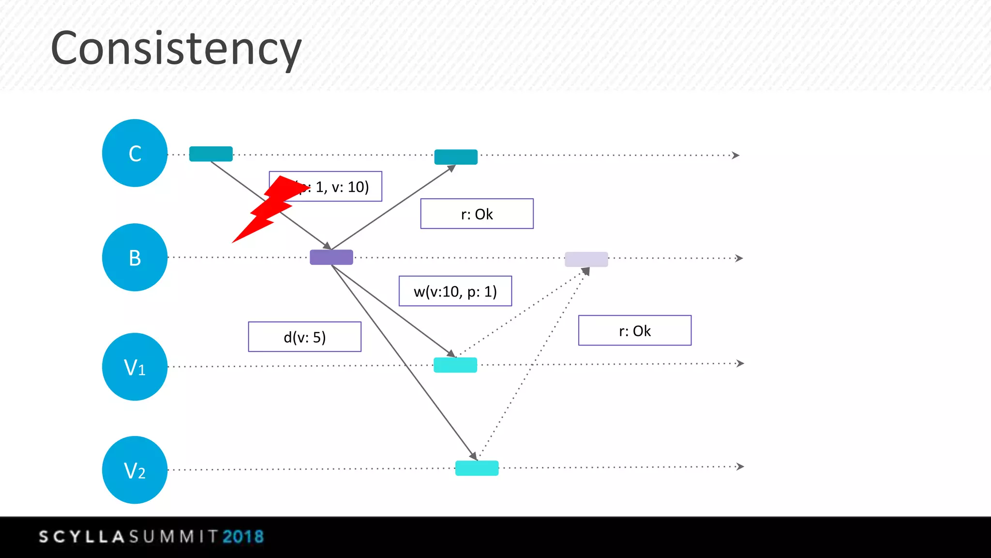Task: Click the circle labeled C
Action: coord(135,153)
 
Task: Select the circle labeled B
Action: coord(135,257)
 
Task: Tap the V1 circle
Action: coord(135,367)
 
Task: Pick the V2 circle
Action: coord(135,470)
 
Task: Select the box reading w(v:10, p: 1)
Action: coord(455,291)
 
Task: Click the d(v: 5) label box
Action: coord(304,337)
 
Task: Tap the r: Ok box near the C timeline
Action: coord(477,214)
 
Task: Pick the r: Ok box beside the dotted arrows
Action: coord(634,330)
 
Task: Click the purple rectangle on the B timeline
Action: coord(331,257)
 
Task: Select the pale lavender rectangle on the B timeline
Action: coord(586,259)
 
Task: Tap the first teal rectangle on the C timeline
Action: coord(211,154)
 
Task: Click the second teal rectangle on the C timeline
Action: coord(456,157)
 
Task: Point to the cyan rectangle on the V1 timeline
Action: coord(455,365)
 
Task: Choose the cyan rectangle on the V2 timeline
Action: coord(477,468)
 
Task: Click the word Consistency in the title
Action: coord(176,48)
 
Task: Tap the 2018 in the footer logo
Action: coord(243,537)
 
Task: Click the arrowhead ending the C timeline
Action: coord(736,155)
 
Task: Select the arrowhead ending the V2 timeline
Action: coord(740,466)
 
